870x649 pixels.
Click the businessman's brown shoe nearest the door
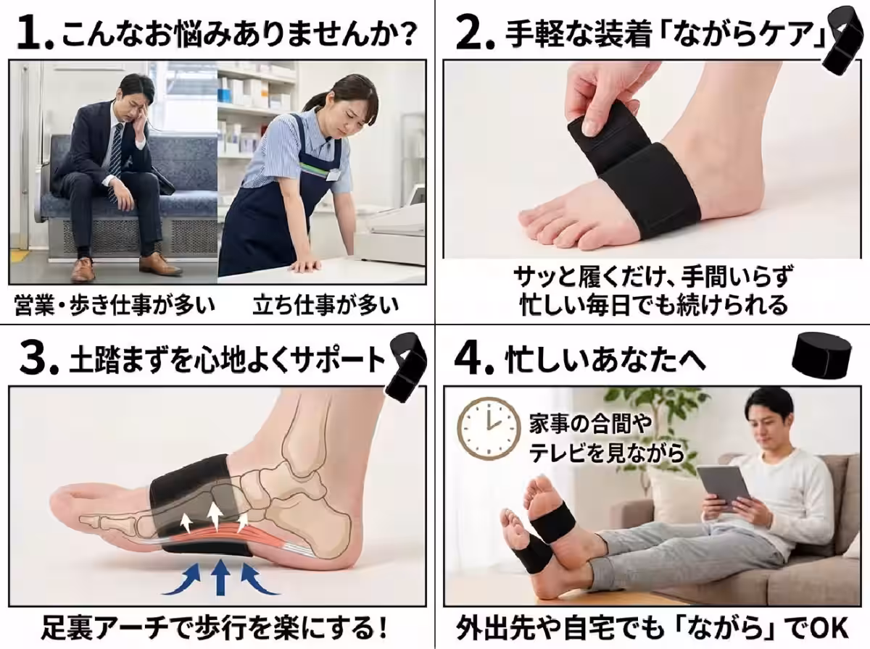[x=83, y=269]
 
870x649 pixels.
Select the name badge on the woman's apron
[x=333, y=175]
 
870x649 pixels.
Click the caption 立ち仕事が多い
[x=326, y=304]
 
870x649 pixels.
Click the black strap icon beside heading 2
[x=843, y=40]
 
